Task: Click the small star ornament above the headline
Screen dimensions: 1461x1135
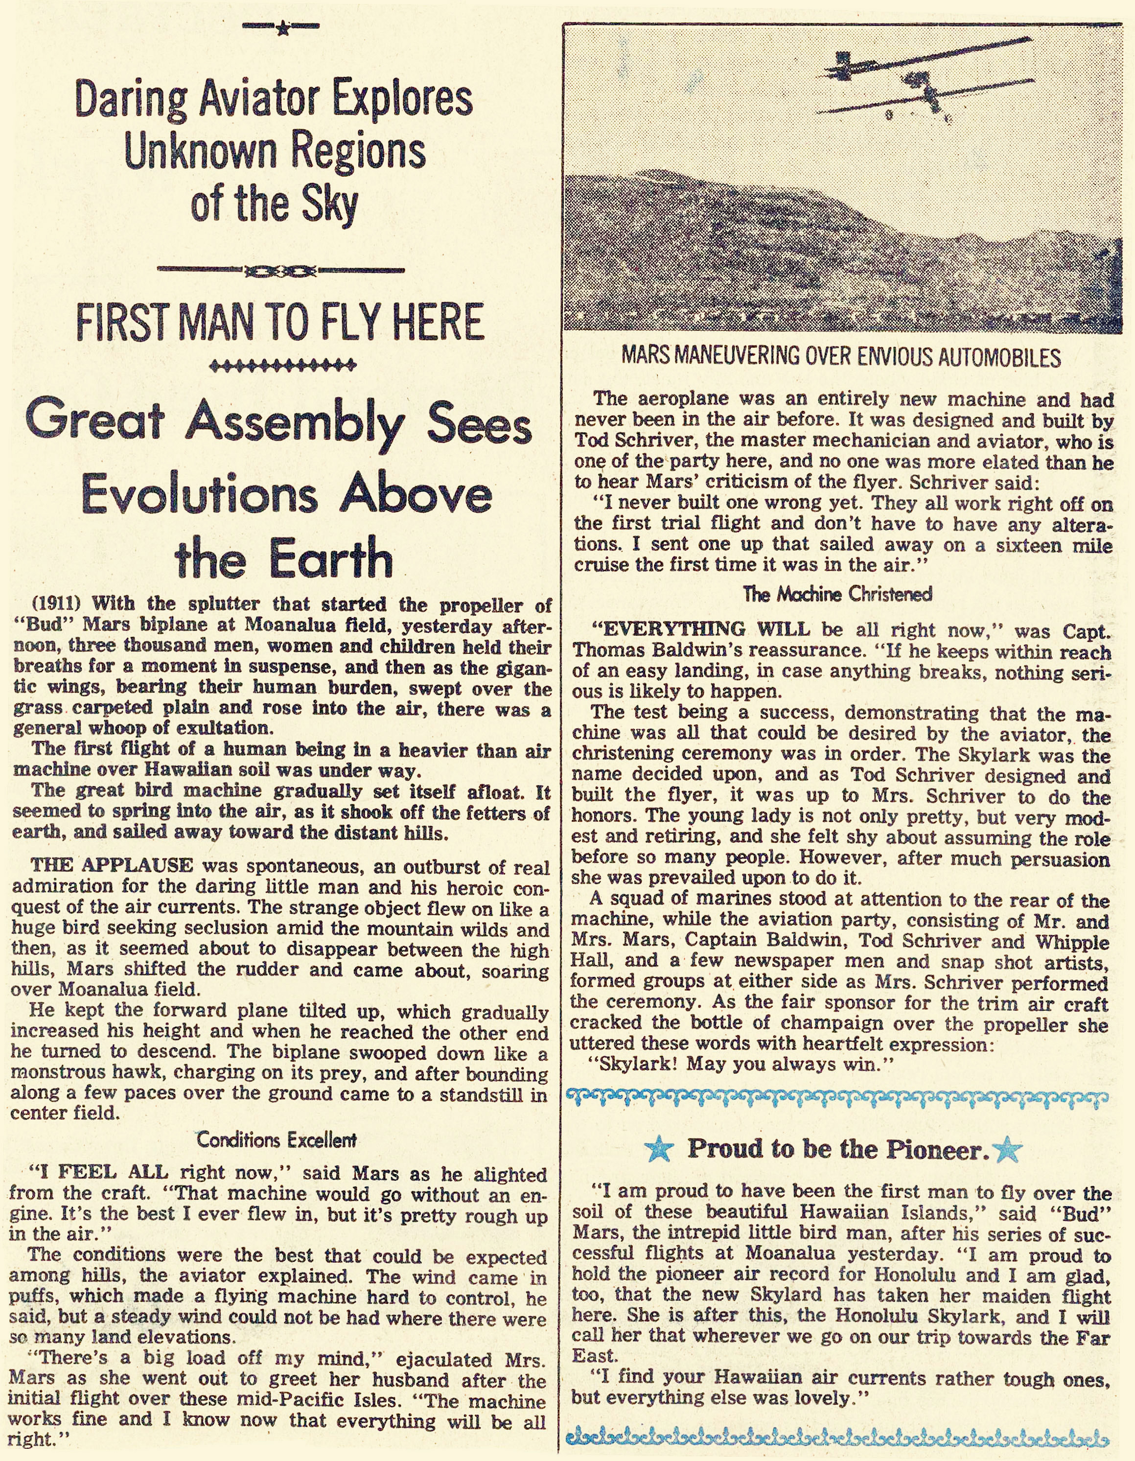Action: [x=281, y=28]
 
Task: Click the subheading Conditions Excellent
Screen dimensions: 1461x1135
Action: [x=276, y=1139]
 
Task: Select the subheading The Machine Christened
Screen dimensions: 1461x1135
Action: [x=837, y=594]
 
